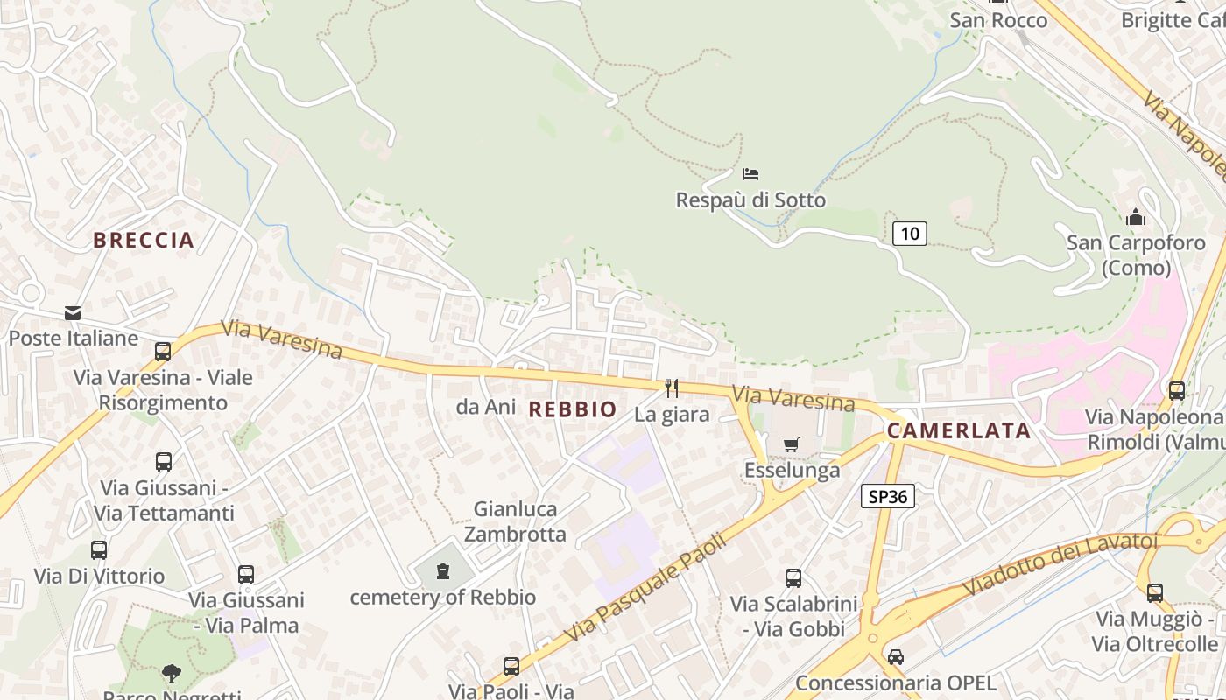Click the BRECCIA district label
pyautogui.click(x=144, y=240)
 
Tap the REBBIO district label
pyautogui.click(x=573, y=409)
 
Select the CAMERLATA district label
pyautogui.click(x=958, y=430)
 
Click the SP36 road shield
pyautogui.click(x=887, y=497)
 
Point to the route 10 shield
pyautogui.click(x=910, y=233)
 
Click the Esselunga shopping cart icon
pyautogui.click(x=792, y=444)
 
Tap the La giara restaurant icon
pyautogui.click(x=672, y=388)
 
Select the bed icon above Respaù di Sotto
pyautogui.click(x=750, y=173)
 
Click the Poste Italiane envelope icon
pyautogui.click(x=73, y=312)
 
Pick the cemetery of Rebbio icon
pyautogui.click(x=443, y=571)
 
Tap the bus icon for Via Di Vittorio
pyautogui.click(x=99, y=550)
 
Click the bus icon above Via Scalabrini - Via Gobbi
pyautogui.click(x=793, y=577)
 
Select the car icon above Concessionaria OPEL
pyautogui.click(x=895, y=656)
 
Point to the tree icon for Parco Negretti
pyautogui.click(x=172, y=673)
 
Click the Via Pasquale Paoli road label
pyautogui.click(x=646, y=587)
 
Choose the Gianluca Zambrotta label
pyautogui.click(x=515, y=521)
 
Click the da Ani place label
pyautogui.click(x=480, y=407)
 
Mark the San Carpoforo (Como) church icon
pyautogui.click(x=1136, y=216)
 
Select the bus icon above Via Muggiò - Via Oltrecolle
pyautogui.click(x=1155, y=592)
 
